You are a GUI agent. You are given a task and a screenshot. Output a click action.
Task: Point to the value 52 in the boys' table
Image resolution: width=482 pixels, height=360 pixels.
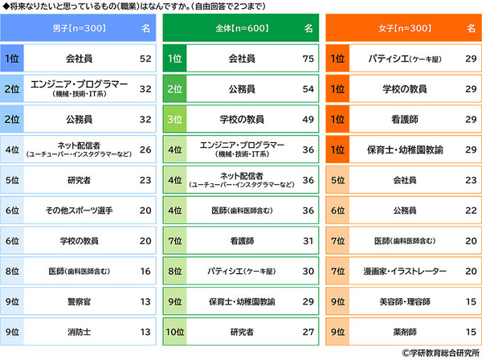point(145,59)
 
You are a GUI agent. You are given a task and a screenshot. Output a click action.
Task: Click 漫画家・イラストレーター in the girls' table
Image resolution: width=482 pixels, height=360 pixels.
point(403,272)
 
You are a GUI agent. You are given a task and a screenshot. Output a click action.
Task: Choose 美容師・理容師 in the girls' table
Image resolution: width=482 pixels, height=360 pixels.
point(403,302)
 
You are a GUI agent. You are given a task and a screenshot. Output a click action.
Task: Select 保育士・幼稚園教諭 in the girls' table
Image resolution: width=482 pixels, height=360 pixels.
point(403,150)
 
